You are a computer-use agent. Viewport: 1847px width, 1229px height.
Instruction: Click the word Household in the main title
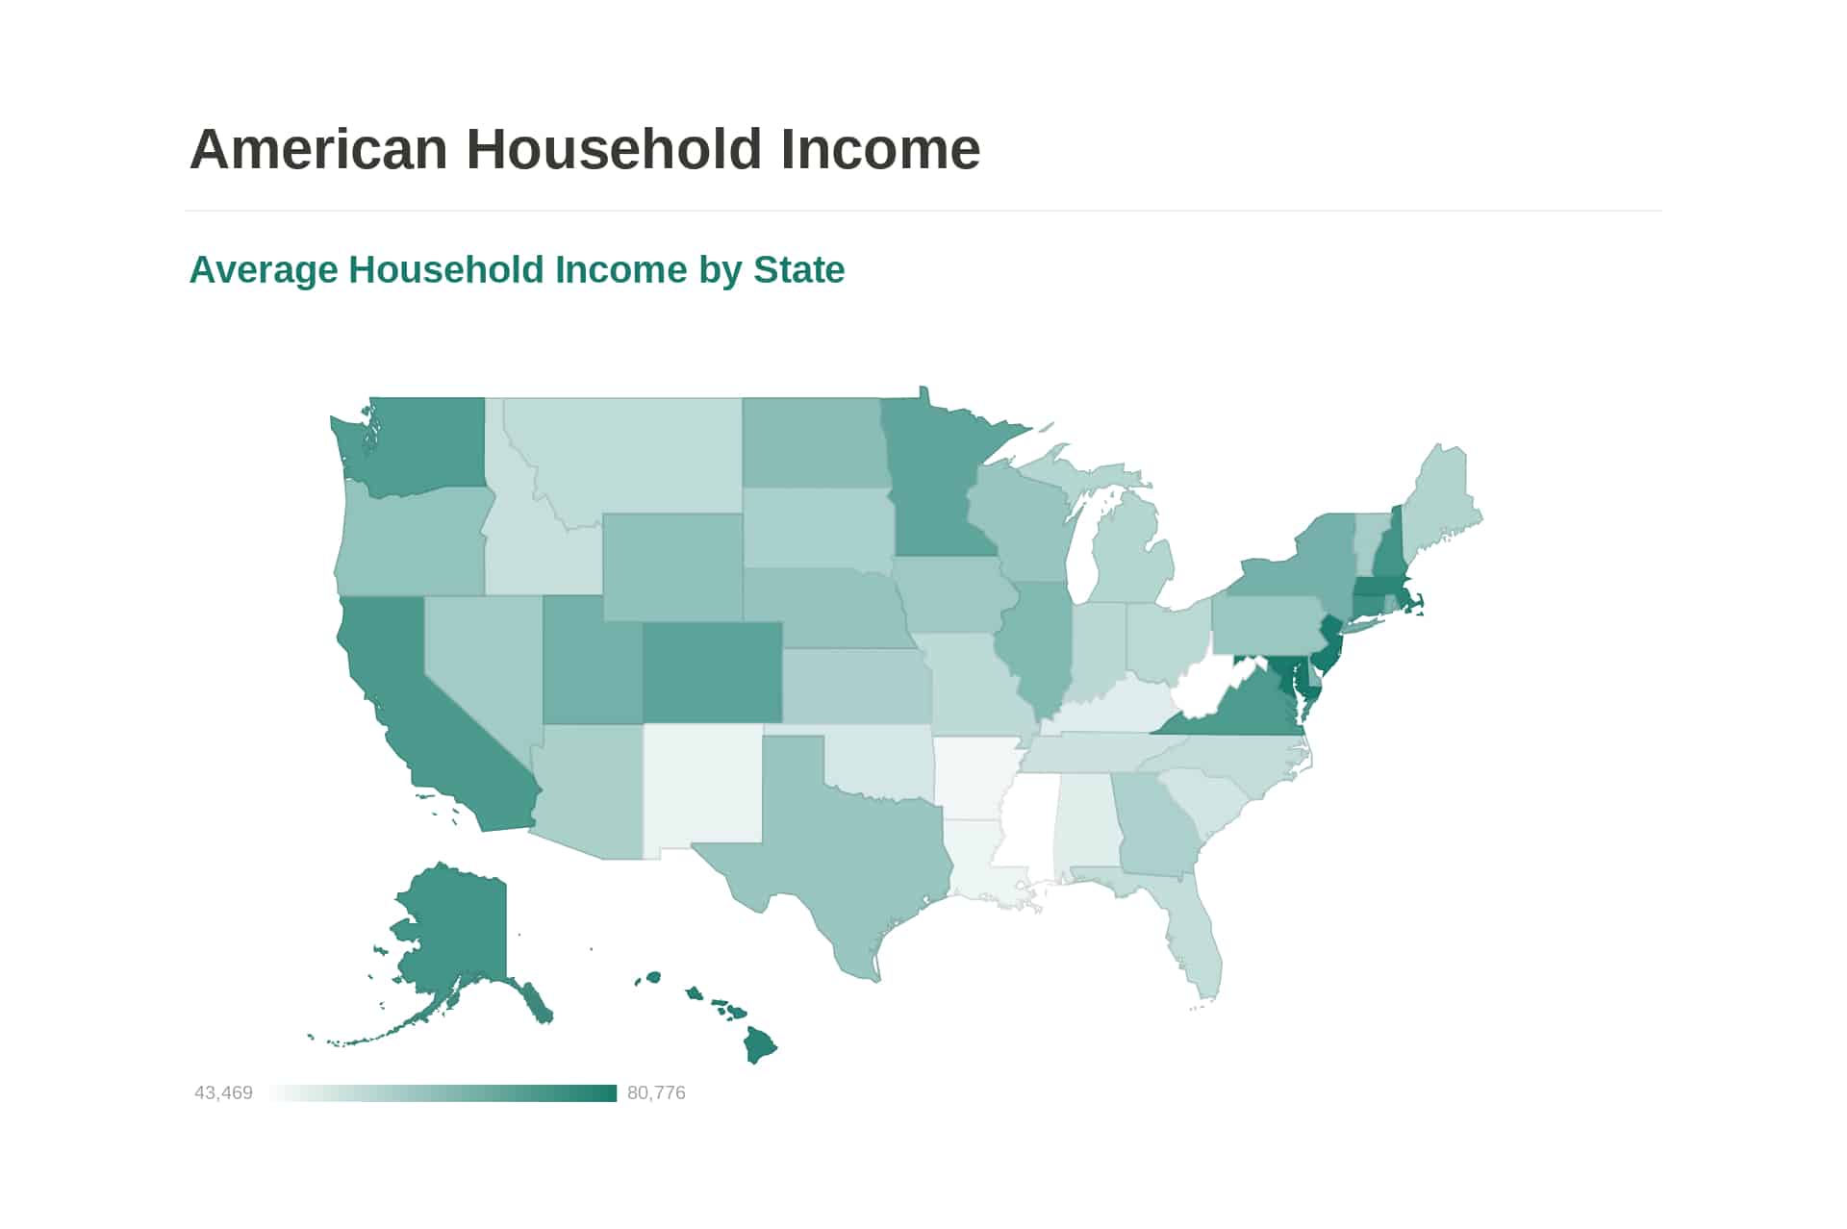click(x=614, y=149)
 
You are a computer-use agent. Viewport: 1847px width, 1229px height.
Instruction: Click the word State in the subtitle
click(x=798, y=270)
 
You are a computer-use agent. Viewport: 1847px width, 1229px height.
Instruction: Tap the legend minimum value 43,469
click(x=223, y=1092)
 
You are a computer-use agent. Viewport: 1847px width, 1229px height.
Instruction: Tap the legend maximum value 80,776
click(x=656, y=1092)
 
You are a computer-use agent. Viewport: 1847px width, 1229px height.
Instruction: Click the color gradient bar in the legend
click(x=443, y=1092)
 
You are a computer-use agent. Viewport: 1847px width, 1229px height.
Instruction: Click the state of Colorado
click(x=712, y=672)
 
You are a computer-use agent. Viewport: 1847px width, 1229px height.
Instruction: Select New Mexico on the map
click(x=702, y=784)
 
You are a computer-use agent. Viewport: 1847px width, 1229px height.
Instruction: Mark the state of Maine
click(x=1438, y=505)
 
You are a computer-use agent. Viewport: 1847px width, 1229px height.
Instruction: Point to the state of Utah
click(x=592, y=664)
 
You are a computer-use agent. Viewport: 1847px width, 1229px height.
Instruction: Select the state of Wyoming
click(x=672, y=567)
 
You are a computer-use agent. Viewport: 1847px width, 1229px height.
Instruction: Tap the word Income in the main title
click(x=880, y=149)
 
